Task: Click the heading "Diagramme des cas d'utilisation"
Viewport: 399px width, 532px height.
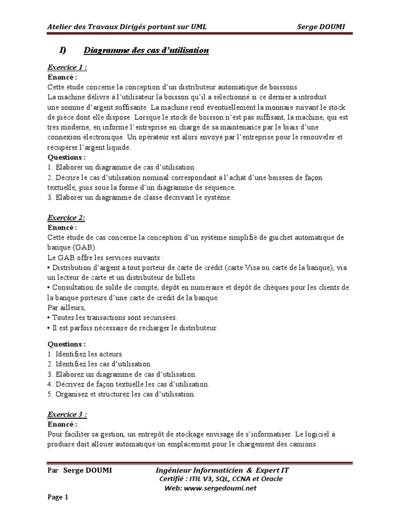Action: pos(146,50)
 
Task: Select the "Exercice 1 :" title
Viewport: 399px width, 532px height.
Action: pos(67,68)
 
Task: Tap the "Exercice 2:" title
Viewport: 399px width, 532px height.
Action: pos(66,218)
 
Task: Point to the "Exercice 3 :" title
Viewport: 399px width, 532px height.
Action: pos(67,415)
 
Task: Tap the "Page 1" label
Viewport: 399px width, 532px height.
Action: pos(58,497)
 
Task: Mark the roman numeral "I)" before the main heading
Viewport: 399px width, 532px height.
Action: pos(63,50)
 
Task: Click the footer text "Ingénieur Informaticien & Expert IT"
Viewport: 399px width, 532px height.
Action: pos(222,470)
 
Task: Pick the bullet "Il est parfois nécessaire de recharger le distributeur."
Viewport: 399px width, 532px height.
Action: pos(132,328)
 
